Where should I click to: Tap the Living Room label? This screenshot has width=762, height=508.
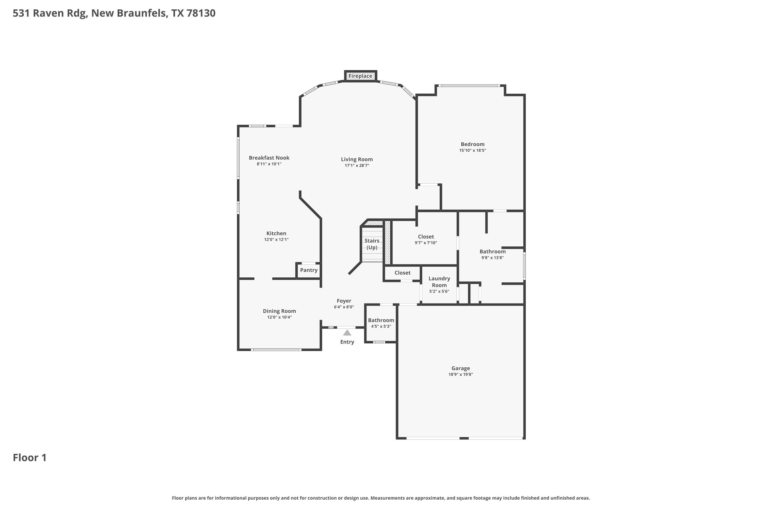pyautogui.click(x=357, y=160)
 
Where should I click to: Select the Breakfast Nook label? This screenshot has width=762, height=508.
pyautogui.click(x=269, y=158)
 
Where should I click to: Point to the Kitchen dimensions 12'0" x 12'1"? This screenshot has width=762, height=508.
pyautogui.click(x=276, y=240)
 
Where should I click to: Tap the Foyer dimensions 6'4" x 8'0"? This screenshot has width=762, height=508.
pyautogui.click(x=344, y=307)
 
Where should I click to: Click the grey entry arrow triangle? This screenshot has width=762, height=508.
pyautogui.click(x=347, y=333)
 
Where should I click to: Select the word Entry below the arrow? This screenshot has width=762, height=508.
pyautogui.click(x=347, y=342)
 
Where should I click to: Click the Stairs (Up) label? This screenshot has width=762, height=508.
pyautogui.click(x=372, y=244)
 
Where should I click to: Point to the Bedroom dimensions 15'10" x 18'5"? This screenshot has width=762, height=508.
pyautogui.click(x=472, y=150)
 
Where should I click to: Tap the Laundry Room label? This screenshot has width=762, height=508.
pyautogui.click(x=439, y=282)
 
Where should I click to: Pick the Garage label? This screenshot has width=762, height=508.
pyautogui.click(x=461, y=368)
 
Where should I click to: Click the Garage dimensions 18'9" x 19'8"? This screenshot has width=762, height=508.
pyautogui.click(x=461, y=374)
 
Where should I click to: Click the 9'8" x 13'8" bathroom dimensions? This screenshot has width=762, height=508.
pyautogui.click(x=493, y=258)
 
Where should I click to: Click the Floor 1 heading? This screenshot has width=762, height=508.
pyautogui.click(x=30, y=458)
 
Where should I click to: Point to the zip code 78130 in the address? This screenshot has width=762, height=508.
pyautogui.click(x=201, y=13)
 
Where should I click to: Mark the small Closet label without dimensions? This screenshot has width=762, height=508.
pyautogui.click(x=402, y=273)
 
